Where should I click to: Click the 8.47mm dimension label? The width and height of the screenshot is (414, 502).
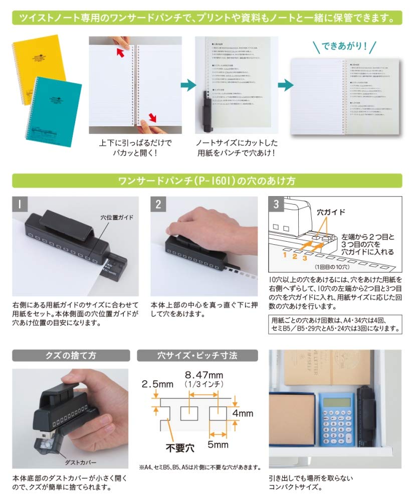pos(204,374)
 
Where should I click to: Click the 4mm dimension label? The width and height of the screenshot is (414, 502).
pos(243,414)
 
